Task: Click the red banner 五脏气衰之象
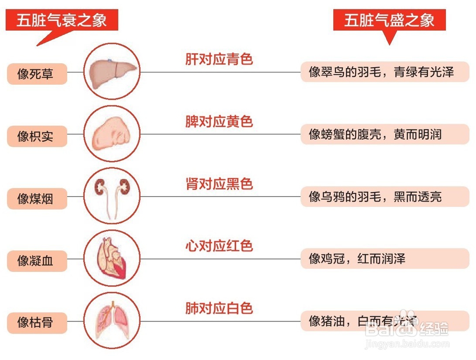point(61,21)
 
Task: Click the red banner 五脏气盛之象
point(389,20)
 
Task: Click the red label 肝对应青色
point(218,60)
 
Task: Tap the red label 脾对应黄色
point(218,122)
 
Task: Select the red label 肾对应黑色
point(218,184)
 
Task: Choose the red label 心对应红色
point(218,246)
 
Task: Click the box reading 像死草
point(37,74)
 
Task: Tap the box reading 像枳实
point(37,137)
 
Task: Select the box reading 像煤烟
point(37,199)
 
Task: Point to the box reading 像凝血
point(37,261)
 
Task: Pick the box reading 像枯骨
point(37,323)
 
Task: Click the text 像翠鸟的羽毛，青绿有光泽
point(382,72)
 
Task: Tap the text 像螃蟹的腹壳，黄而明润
point(376,134)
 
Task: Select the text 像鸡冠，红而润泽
point(357,259)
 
